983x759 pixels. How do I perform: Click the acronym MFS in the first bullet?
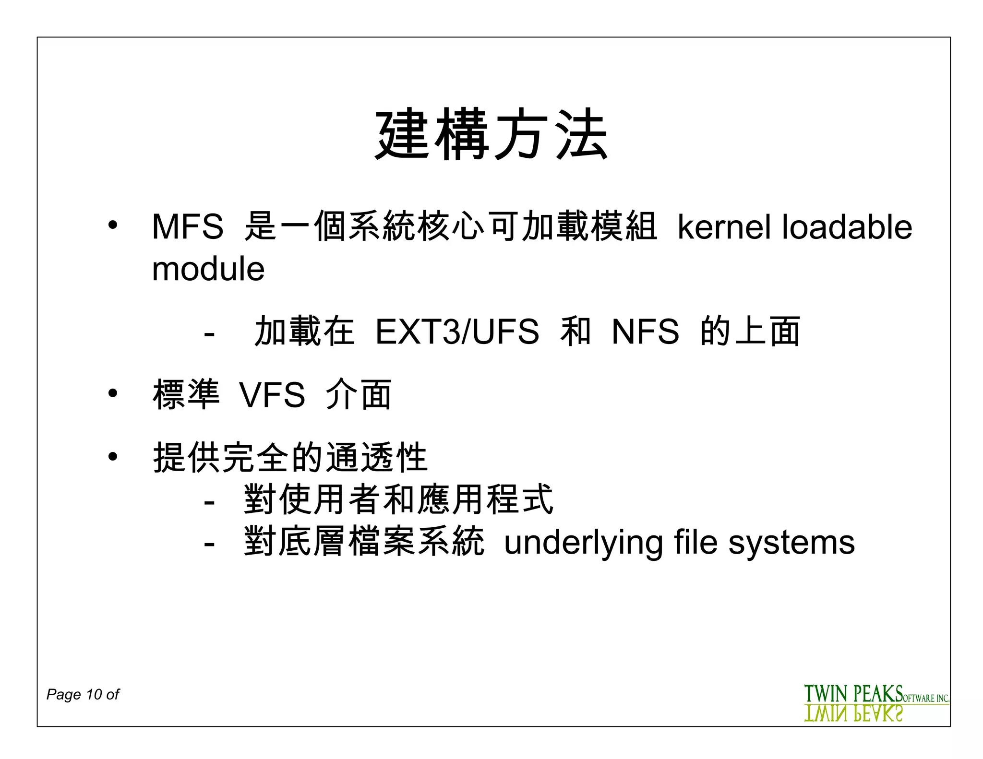187,226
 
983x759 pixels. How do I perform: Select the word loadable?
847,226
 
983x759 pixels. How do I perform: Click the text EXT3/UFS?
457,332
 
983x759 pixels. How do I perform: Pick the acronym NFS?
645,332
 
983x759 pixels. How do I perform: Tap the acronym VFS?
272,395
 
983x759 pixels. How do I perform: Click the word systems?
791,544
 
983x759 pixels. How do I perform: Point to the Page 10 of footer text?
83,694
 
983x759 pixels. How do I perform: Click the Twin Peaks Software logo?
876,702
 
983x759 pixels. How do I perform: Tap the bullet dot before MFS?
113,225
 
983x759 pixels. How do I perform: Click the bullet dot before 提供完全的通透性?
113,456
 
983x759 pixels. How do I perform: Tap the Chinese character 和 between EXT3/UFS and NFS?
575,332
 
